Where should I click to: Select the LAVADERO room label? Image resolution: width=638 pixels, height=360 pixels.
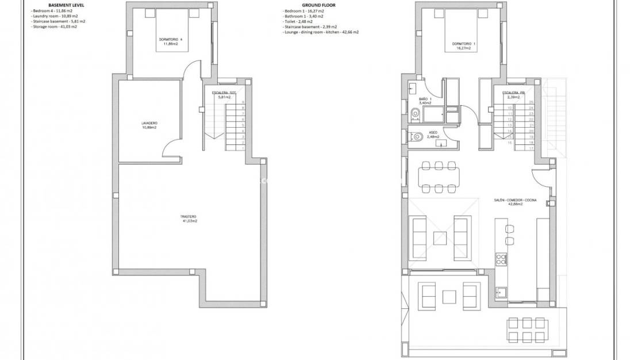coord(149,124)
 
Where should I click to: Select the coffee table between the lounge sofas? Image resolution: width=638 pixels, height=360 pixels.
coord(441,237)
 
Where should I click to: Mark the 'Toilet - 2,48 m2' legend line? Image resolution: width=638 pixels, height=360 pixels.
coord(299,22)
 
